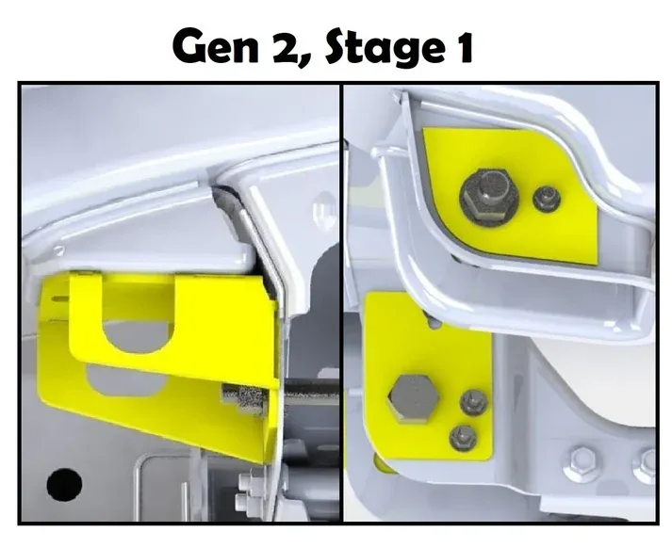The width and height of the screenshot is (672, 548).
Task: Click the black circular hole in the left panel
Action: click(64, 484)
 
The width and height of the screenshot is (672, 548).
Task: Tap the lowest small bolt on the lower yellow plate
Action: click(462, 436)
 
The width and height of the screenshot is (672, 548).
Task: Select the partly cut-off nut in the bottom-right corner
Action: click(647, 463)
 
